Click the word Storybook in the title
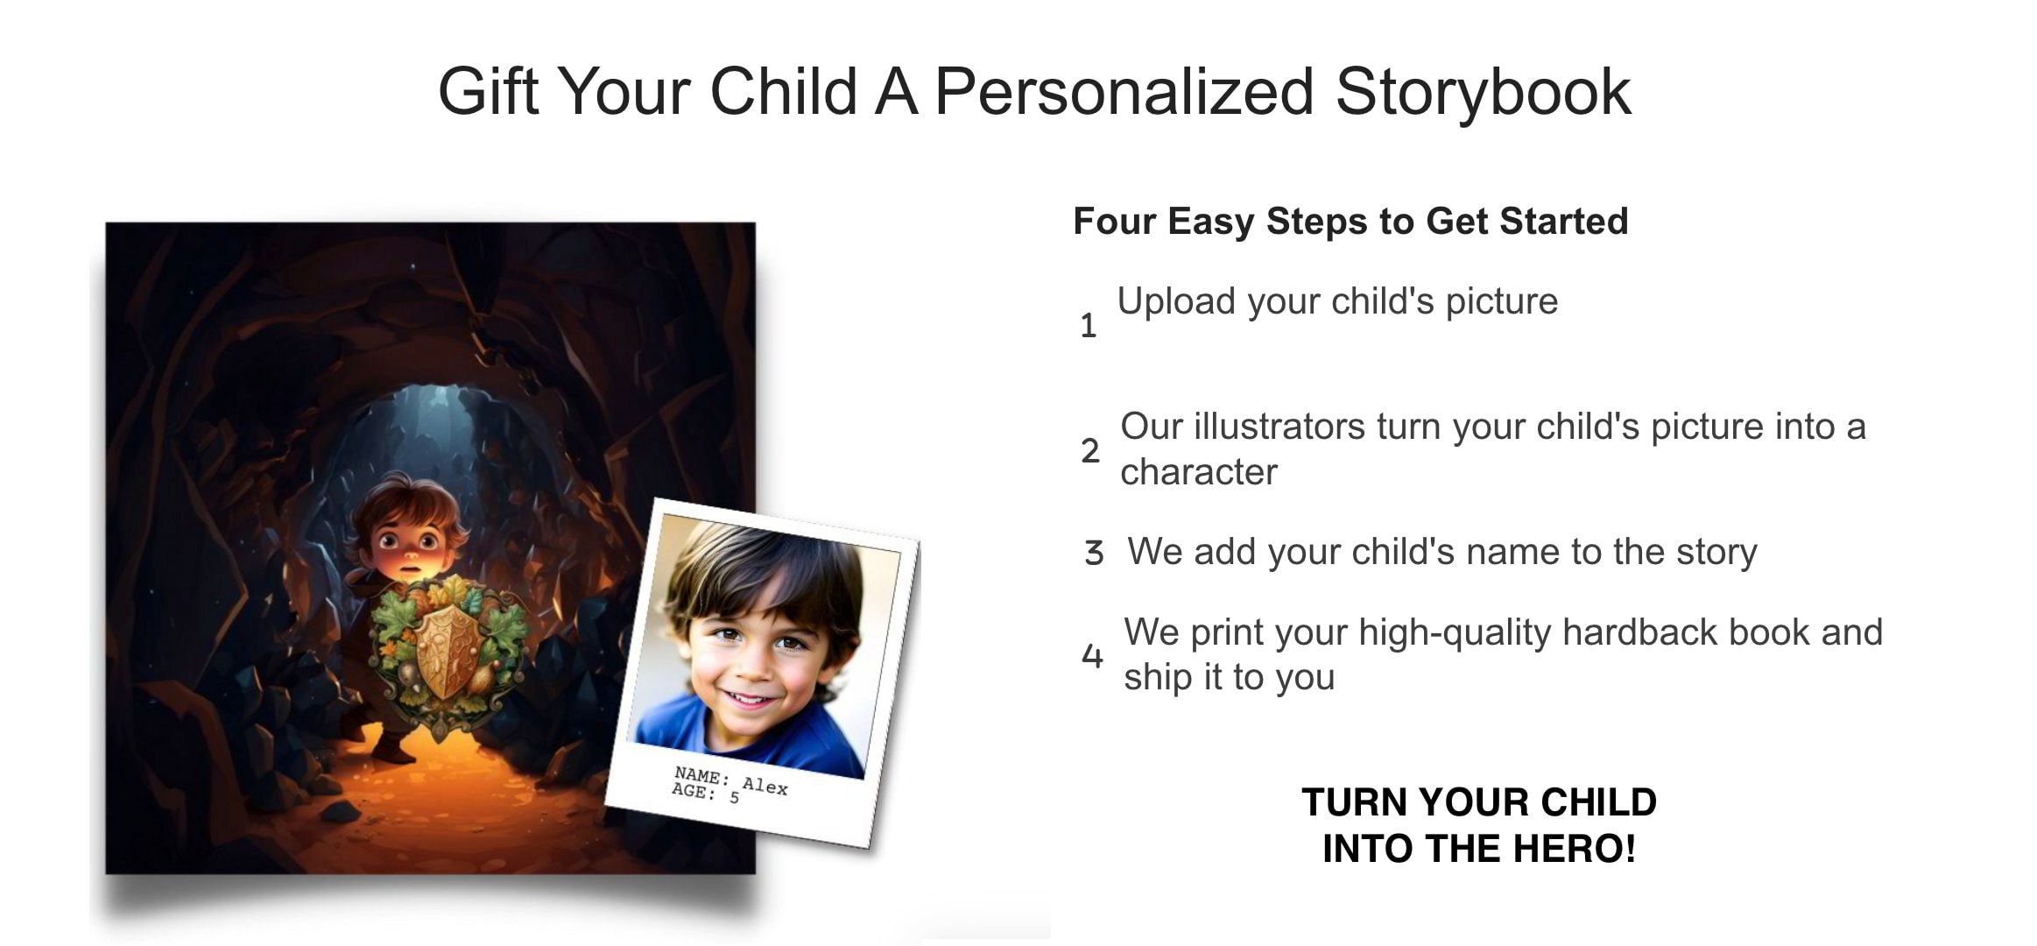coord(1483,91)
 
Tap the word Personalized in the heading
coord(1124,91)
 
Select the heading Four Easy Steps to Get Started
coord(1350,221)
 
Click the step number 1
coord(1088,326)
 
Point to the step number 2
coord(1089,450)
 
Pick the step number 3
coord(1093,553)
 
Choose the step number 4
coord(1092,654)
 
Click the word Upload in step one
coord(1175,301)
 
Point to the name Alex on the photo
coord(765,786)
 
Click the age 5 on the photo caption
coord(734,798)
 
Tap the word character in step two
coord(1198,472)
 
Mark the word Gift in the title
coord(488,91)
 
